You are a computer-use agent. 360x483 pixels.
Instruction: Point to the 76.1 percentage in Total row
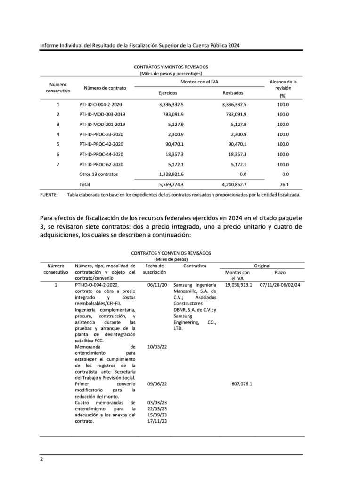click(283, 184)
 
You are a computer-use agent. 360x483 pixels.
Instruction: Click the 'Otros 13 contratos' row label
click(99, 174)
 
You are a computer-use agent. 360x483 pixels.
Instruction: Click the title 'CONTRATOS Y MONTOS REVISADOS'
click(171, 67)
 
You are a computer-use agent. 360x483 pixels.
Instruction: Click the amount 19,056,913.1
click(238, 285)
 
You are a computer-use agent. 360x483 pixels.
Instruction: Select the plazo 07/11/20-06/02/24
click(280, 285)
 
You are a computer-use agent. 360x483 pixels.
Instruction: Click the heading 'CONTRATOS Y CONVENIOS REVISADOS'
click(171, 253)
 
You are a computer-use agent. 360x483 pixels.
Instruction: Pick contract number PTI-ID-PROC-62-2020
click(101, 164)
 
